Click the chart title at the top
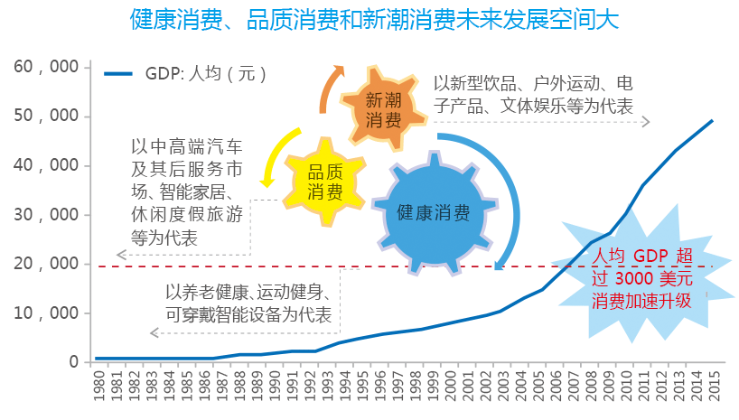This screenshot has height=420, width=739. [x=374, y=20]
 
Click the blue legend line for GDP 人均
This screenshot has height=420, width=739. [x=118, y=73]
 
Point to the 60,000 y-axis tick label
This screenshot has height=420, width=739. [x=46, y=67]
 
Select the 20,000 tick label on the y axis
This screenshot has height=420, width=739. [x=46, y=264]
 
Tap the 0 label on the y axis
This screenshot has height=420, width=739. [x=73, y=361]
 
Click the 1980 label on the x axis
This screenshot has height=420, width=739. [x=99, y=386]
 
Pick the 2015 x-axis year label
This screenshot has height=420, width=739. [x=715, y=386]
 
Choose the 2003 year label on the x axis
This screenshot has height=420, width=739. [x=503, y=386]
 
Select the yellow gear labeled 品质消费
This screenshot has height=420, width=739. [x=324, y=182]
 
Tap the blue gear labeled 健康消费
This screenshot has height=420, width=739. [x=434, y=213]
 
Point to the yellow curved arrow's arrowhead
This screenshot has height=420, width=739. [x=267, y=182]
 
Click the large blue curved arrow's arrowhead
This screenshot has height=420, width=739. [x=499, y=265]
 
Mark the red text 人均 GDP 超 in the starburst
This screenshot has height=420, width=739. [x=642, y=256]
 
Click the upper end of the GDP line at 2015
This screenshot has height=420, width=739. [x=712, y=121]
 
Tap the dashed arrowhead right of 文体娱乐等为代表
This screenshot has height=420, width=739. [x=647, y=122]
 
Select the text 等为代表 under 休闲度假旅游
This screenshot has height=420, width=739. [x=164, y=238]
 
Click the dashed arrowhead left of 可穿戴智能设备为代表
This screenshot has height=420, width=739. [x=154, y=332]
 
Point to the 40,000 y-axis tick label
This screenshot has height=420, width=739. [x=46, y=165]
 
